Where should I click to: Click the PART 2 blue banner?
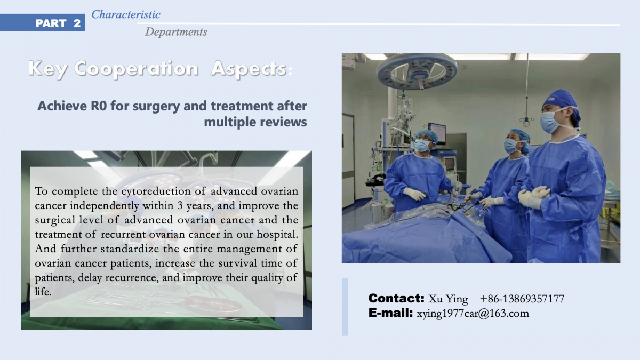42,23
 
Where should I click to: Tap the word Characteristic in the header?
126,14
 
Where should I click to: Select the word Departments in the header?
176,32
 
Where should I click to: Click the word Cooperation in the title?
136,69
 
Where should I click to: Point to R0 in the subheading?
99,106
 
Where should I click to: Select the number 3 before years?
180,206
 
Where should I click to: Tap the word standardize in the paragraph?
130,249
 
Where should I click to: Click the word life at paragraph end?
43,292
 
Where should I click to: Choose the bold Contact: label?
396,298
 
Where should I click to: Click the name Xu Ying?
448,299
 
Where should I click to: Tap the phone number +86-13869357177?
522,299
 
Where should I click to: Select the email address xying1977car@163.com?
473,314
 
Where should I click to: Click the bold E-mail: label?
390,313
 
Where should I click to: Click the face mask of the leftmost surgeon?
421,145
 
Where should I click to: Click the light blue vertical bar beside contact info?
345,307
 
